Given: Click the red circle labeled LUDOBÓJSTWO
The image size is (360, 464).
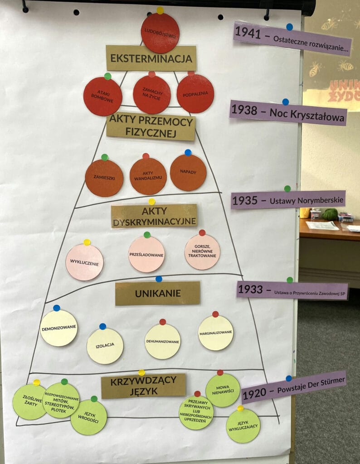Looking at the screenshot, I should coord(160,33).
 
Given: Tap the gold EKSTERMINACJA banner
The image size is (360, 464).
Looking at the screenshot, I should coord(151,58).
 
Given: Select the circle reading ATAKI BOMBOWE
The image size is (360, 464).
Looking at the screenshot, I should coord(102,97).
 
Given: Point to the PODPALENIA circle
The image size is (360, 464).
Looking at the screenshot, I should coord(195,94).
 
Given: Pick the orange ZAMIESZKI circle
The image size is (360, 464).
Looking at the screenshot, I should coord(104,178).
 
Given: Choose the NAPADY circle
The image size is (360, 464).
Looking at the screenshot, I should coord(188,173).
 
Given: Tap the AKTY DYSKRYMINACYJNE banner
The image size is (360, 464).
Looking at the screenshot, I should coord(154,216).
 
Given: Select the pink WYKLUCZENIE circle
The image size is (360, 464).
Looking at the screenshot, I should coord(84,262).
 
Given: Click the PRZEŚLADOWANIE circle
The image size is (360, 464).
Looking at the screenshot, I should coord(146,254).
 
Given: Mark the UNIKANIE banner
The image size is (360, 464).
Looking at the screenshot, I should coord(157,293).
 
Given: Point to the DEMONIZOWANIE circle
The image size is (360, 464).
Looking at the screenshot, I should coord(58,328).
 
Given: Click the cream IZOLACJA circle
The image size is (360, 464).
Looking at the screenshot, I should coord(105,346).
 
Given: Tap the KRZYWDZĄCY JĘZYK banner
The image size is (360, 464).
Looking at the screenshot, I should coord(143,386).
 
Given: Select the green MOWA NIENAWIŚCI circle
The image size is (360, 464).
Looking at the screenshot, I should coord(223,390).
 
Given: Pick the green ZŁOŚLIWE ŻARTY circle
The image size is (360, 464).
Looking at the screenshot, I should coord(29,401).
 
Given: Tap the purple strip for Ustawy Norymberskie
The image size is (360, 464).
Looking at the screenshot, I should coord(288,199).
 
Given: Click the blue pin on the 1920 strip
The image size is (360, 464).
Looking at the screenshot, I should coord(289,378).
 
